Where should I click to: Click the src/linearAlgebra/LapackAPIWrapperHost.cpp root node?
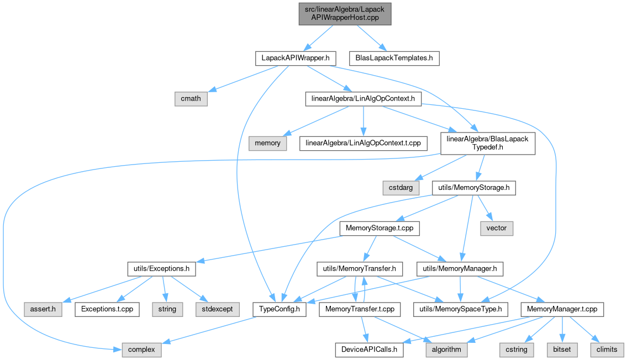[345, 14]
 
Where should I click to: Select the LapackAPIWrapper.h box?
[296, 59]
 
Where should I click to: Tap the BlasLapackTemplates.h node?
[394, 59]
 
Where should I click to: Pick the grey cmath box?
[191, 99]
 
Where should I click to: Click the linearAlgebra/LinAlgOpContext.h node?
[363, 99]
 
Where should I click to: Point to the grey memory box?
[267, 143]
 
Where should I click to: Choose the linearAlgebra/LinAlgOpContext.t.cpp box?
[363, 143]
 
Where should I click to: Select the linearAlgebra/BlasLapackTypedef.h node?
[487, 143]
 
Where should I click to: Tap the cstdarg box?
[401, 188]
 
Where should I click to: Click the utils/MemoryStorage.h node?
[474, 188]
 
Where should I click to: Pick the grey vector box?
[496, 228]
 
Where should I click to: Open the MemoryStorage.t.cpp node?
[380, 228]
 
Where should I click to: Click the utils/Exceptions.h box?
[161, 269]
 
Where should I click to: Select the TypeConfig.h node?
[279, 309]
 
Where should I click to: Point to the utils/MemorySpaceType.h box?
[460, 309]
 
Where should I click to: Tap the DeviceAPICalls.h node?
[369, 350]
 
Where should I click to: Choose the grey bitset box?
[562, 350]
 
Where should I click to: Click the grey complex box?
[141, 350]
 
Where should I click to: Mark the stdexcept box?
[217, 309]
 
